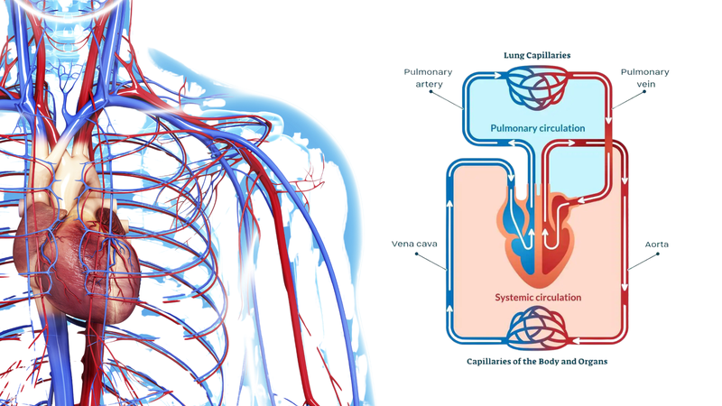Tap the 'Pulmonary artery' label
[x=421, y=78]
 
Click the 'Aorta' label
[x=657, y=244]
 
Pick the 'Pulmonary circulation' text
[x=537, y=128]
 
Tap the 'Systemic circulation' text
[x=538, y=297]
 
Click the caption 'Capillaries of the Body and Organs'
[x=537, y=362]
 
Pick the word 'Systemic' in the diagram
[x=516, y=297]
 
